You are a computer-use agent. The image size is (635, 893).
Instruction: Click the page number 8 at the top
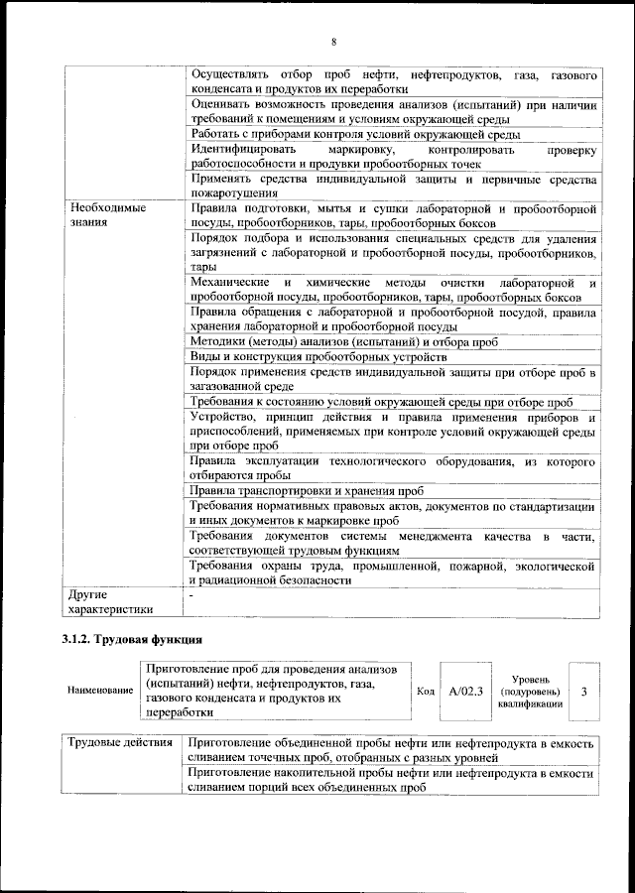coord(333,41)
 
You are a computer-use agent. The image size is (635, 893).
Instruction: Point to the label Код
coord(425,691)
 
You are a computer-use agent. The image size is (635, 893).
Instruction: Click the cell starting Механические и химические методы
coord(392,290)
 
